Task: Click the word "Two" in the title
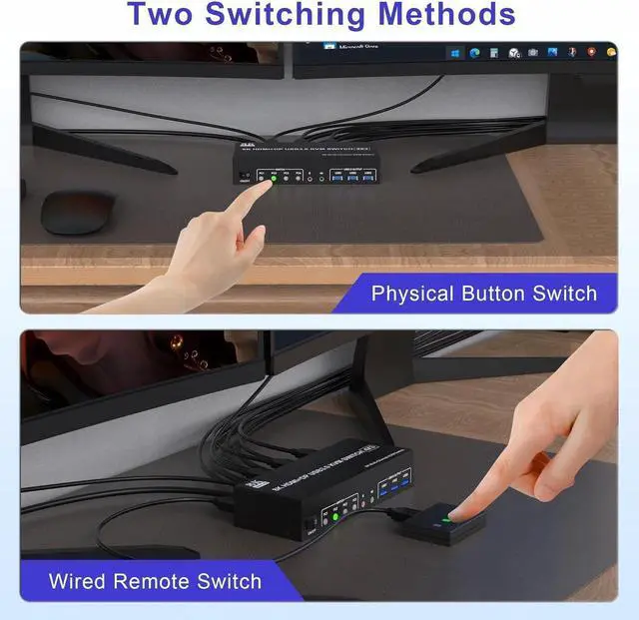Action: click(x=165, y=15)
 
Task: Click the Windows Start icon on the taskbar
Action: click(x=456, y=53)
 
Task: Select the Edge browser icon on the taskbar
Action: click(x=475, y=53)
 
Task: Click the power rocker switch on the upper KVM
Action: click(x=245, y=177)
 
